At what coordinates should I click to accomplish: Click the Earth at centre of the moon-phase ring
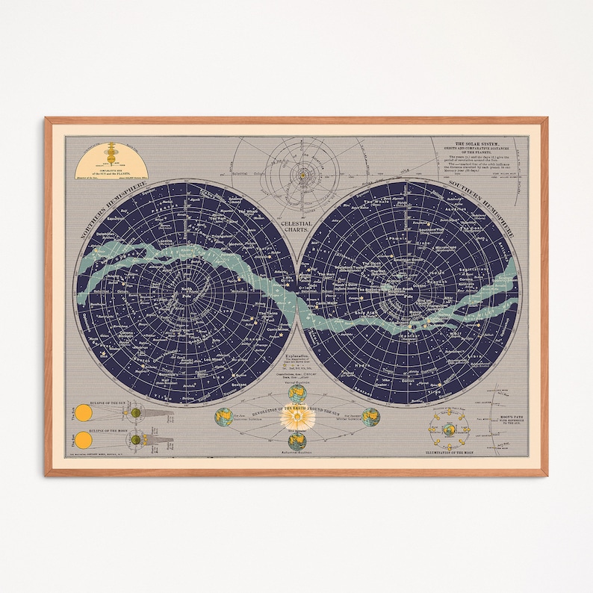click(450, 429)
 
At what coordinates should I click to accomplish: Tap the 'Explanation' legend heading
click(297, 358)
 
